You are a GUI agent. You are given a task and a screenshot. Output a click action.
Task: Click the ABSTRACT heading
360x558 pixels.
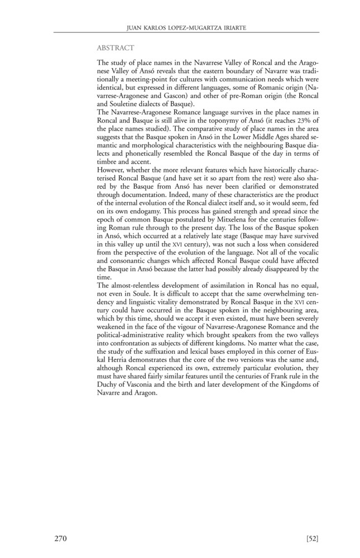click(115, 49)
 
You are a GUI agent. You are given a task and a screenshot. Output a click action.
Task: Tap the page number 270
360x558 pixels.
click(61, 538)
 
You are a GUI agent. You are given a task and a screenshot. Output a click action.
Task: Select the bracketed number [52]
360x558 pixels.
click(312, 538)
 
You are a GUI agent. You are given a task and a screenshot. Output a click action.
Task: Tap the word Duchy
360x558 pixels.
click(108, 386)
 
